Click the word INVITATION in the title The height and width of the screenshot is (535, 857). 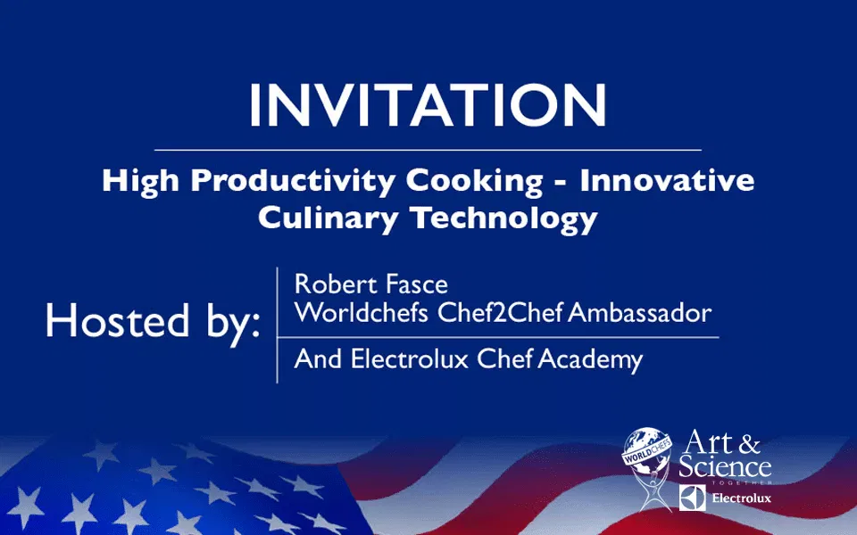(x=428, y=105)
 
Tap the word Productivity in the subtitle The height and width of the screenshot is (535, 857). (x=293, y=182)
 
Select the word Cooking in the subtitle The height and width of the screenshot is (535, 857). (x=474, y=182)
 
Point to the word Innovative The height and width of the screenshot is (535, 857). (x=667, y=180)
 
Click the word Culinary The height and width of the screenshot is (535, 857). (x=328, y=219)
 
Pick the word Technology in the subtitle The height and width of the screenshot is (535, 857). (x=504, y=219)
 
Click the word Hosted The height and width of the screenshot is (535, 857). (x=118, y=320)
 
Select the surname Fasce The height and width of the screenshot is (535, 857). (x=417, y=284)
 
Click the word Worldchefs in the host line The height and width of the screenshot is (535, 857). (x=361, y=313)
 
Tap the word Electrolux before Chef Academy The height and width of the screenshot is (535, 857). (x=410, y=359)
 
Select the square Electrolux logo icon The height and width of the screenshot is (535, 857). (x=692, y=498)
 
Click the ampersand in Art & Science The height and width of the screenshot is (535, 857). (x=749, y=444)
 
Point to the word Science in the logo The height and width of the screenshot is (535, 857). (x=725, y=467)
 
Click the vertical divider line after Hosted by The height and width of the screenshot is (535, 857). (x=277, y=325)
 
